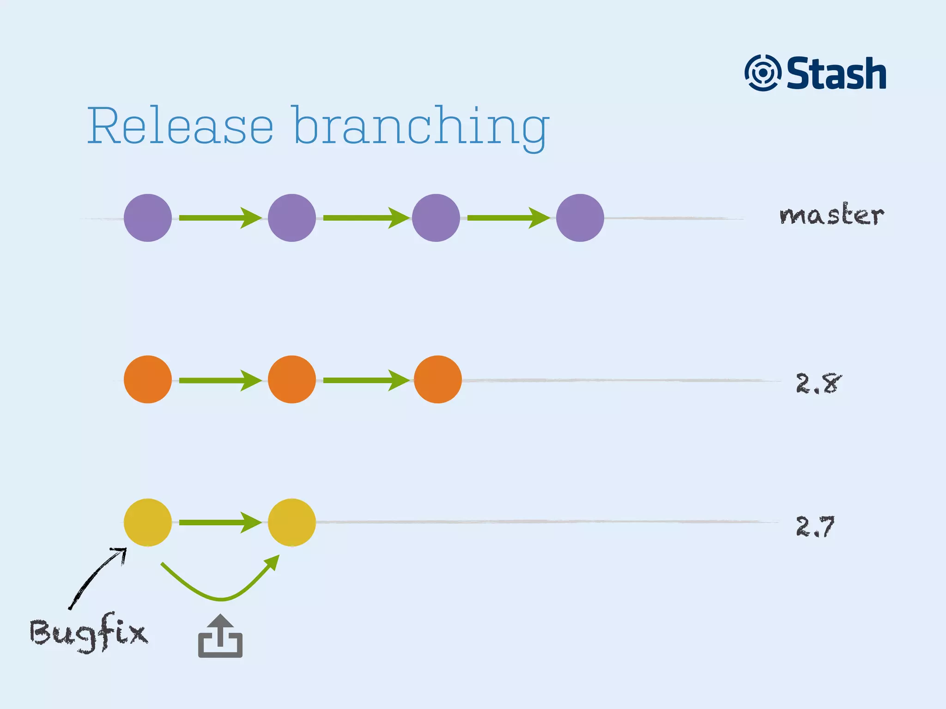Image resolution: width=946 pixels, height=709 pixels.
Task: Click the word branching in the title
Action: point(420,127)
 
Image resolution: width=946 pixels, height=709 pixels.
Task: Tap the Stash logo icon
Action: point(763,73)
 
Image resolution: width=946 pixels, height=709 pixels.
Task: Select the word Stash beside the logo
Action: point(837,73)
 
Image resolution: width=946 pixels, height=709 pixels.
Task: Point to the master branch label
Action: point(831,215)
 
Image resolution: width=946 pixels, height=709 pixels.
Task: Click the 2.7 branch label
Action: point(815,526)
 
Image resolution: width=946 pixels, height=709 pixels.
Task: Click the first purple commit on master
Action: point(148,218)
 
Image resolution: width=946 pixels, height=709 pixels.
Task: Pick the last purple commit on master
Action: point(580,218)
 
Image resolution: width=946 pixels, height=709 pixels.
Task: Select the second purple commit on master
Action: point(292,218)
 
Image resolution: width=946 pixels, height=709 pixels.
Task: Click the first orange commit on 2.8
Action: point(148,379)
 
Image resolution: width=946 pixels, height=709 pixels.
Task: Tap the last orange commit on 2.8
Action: point(437,379)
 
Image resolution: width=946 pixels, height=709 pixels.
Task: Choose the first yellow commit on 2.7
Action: point(148,523)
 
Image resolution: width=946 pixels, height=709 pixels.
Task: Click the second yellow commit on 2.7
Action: point(292,523)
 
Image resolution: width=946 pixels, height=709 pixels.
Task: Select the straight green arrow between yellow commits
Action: point(220,523)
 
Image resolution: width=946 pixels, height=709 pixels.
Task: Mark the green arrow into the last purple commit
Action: point(508,218)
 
